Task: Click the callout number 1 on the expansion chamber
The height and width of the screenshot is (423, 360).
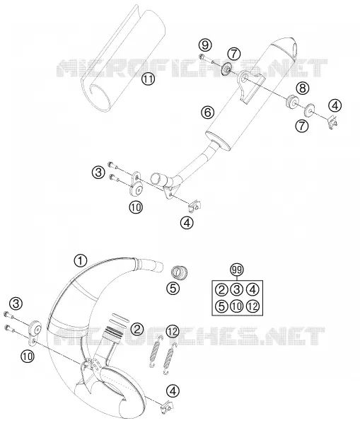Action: [81, 261]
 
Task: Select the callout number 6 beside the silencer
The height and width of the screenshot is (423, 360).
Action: [208, 112]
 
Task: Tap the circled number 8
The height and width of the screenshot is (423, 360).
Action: [302, 88]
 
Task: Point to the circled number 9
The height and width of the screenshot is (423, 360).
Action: [205, 45]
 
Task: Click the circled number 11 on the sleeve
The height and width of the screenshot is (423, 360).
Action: [149, 79]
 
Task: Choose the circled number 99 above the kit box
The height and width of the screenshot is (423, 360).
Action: [237, 270]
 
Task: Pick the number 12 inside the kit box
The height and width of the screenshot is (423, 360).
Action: [252, 306]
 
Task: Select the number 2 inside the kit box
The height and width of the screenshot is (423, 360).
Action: [221, 290]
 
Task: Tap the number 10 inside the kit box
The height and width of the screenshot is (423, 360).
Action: [237, 306]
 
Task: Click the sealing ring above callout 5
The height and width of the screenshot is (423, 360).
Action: [180, 272]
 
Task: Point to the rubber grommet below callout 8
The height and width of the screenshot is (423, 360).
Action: [292, 100]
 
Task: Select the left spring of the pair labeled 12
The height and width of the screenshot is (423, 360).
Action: [155, 352]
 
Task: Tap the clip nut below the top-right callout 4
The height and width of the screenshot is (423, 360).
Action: [333, 122]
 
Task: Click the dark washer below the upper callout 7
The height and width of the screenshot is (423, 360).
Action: [226, 69]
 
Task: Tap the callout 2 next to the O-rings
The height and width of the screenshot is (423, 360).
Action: [137, 329]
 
